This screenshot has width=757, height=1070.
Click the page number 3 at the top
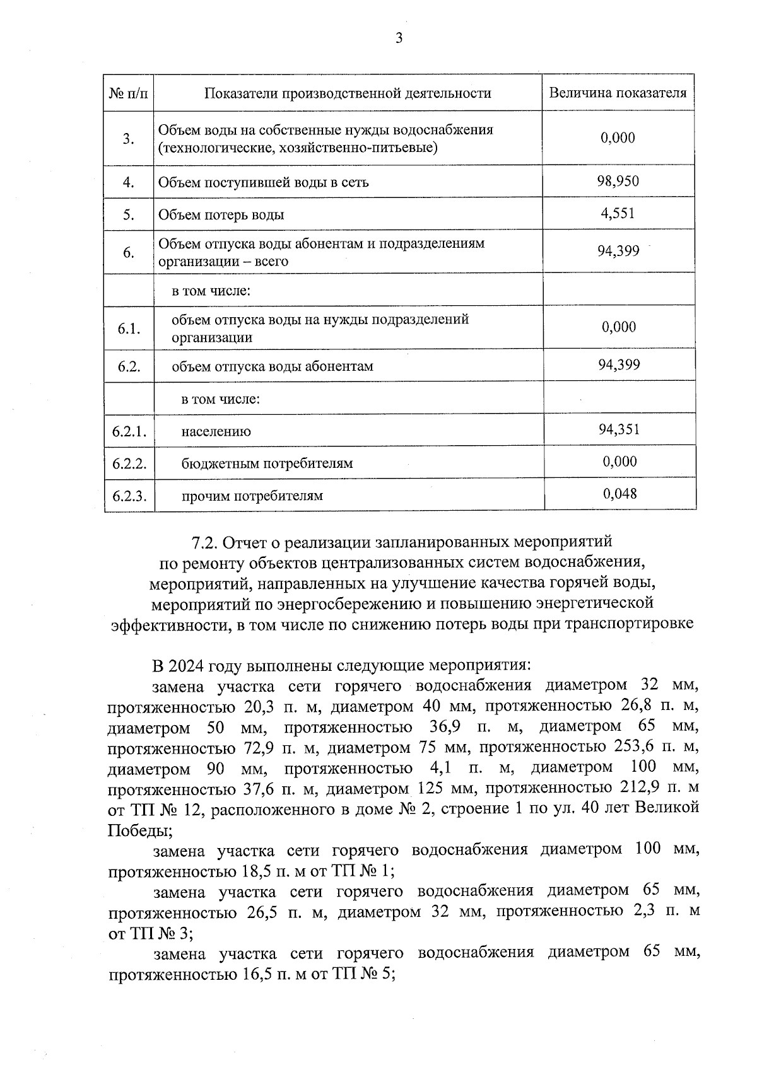(398, 38)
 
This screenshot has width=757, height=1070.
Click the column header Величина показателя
(618, 93)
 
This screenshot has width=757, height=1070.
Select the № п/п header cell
(129, 94)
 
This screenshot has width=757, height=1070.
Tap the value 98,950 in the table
(618, 182)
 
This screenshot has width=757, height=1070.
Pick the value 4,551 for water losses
(618, 213)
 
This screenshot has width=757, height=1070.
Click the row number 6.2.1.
(129, 431)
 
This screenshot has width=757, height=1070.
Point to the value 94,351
(619, 429)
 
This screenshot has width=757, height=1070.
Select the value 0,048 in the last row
(619, 494)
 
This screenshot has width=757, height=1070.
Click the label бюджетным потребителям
(267, 463)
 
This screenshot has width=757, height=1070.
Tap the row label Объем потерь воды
(221, 214)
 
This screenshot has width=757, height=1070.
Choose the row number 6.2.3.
(129, 496)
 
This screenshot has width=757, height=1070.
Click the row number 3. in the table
(129, 139)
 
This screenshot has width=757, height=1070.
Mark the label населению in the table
(216, 432)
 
